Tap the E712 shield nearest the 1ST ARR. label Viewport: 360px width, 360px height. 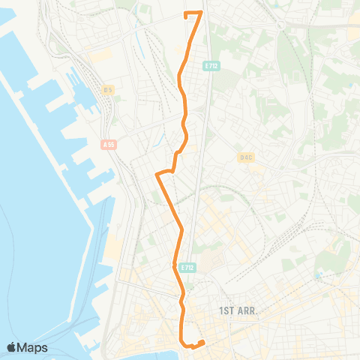(x=187, y=266)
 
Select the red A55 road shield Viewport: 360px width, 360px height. (x=110, y=144)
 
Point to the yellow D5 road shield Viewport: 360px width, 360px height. (x=109, y=90)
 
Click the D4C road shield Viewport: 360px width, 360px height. (x=246, y=157)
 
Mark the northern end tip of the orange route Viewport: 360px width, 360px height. (x=186, y=13)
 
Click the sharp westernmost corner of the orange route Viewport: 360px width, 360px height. (x=156, y=175)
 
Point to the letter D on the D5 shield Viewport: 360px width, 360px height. (x=106, y=90)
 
